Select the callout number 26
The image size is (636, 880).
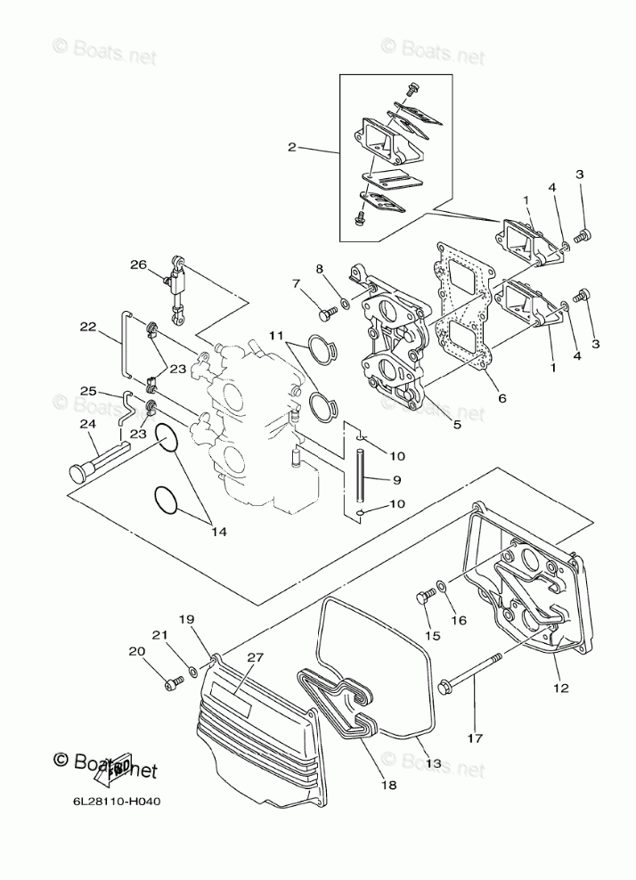[x=137, y=265]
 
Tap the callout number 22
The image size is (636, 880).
[x=86, y=328]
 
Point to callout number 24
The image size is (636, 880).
[x=86, y=424]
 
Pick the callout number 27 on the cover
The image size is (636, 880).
[x=257, y=657]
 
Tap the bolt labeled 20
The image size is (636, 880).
[x=173, y=684]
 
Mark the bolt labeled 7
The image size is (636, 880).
[x=324, y=314]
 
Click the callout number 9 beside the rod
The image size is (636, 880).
[x=396, y=480]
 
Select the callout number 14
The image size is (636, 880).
[x=218, y=532]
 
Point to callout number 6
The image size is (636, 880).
[x=501, y=398]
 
